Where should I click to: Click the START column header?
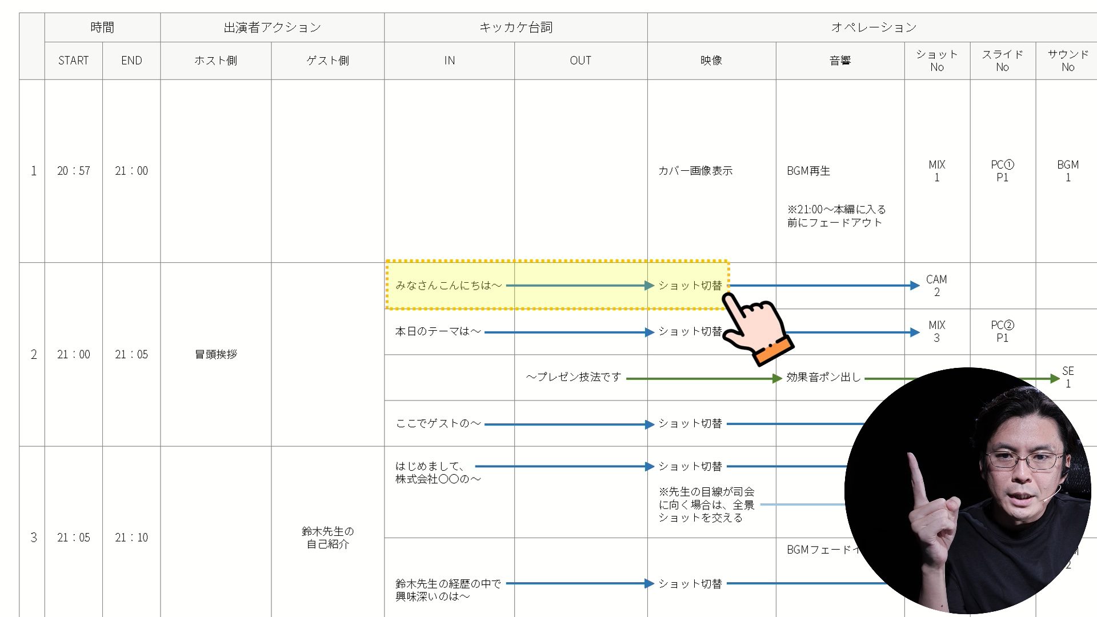click(73, 61)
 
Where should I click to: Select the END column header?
click(131, 61)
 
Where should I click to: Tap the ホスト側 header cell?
click(215, 61)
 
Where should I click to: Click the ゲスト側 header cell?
click(327, 61)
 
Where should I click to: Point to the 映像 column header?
click(711, 61)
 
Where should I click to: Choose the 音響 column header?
click(840, 61)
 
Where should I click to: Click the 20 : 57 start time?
click(73, 171)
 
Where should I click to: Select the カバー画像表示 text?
click(695, 171)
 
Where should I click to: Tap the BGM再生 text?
click(808, 171)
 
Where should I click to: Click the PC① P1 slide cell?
click(1002, 171)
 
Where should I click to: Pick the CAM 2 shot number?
click(936, 286)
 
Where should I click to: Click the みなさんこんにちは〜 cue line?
click(449, 285)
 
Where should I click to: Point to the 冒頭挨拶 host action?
click(215, 354)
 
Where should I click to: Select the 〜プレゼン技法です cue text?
click(573, 377)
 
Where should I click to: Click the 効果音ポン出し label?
click(823, 377)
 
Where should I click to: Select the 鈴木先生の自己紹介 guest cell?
click(327, 538)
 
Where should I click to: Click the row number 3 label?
click(33, 538)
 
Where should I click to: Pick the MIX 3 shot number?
click(936, 331)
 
